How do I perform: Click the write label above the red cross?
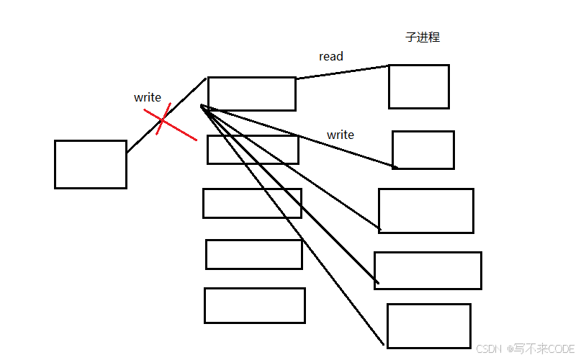148,97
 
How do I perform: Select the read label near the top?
331,56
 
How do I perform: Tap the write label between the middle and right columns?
341,135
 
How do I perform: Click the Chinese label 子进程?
423,37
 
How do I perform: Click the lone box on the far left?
91,164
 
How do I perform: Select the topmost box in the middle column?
252,94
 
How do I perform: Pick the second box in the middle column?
253,150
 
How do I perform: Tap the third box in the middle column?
252,203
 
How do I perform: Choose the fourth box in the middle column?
253,254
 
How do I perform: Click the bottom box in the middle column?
254,305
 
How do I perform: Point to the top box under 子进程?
418,86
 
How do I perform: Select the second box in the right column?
423,150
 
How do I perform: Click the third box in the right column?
426,211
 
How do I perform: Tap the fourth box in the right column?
428,271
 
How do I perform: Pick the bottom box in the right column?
428,325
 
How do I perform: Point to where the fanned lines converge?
202,107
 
